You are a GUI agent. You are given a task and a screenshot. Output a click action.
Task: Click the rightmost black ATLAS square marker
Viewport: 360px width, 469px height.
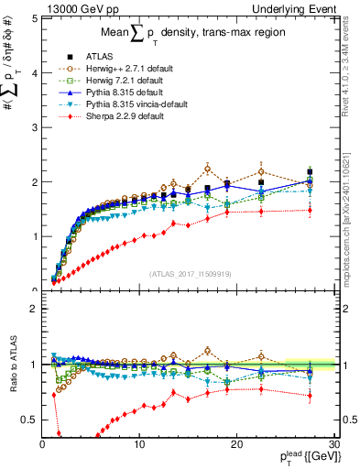pyautogui.click(x=311, y=171)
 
